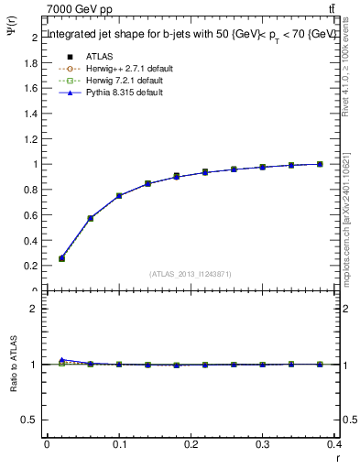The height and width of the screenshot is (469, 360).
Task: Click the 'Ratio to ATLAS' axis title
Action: tap(14, 365)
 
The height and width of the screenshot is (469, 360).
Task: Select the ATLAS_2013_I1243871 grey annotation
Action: tap(191, 274)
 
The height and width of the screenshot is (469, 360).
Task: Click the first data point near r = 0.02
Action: tap(61, 258)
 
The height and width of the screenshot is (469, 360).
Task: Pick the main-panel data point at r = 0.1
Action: tap(119, 195)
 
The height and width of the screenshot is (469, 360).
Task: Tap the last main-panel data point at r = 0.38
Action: tap(320, 164)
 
